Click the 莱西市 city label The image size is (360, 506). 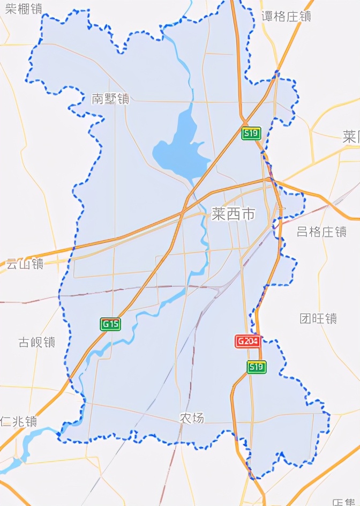coord(233,214)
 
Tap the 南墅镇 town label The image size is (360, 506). coord(110,99)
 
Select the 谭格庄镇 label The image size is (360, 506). coord(287,17)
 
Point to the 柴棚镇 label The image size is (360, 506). coord(22,8)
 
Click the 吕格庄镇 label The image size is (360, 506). coord(321,232)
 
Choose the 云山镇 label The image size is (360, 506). coord(25,263)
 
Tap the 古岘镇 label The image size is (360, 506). coord(37,342)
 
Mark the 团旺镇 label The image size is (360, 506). coord(318,318)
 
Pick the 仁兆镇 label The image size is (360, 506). coord(19,421)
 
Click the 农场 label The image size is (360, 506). coord(192,418)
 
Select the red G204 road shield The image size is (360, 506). coord(248,341)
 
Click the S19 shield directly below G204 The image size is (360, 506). coord(256,367)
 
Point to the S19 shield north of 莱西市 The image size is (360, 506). coord(250,133)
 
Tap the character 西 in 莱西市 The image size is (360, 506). coord(233,214)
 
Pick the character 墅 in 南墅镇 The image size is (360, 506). coord(110,99)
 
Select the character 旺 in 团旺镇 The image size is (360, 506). coord(318,318)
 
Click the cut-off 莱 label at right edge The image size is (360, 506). coord(351,136)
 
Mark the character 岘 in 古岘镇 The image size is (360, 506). coord(37,342)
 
